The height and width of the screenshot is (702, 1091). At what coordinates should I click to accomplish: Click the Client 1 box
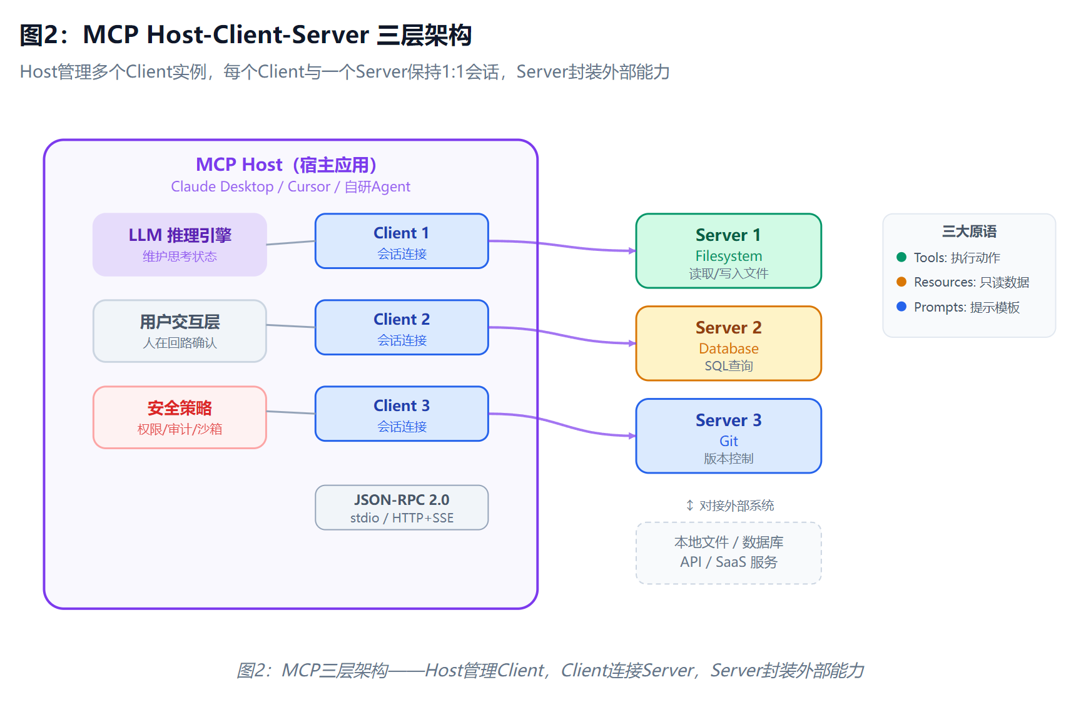pos(402,241)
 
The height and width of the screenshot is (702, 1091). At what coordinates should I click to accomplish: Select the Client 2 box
pos(402,327)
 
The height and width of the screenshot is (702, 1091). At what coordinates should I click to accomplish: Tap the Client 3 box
pos(402,414)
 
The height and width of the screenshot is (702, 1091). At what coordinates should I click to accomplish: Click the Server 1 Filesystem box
pos(728,251)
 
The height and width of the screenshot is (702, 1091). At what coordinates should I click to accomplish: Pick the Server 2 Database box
pos(728,343)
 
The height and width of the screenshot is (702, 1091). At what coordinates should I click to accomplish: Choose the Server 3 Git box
pos(728,436)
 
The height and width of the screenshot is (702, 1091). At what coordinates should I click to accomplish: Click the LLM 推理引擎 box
pos(180,245)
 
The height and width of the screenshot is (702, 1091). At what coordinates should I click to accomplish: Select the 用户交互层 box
pos(180,331)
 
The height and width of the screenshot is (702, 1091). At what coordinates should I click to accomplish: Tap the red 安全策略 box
pos(180,417)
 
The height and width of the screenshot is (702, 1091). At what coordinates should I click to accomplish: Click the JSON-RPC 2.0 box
pos(402,507)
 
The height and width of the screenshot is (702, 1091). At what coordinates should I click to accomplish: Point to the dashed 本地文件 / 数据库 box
pos(728,553)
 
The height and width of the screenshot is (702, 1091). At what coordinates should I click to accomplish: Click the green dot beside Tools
pos(901,257)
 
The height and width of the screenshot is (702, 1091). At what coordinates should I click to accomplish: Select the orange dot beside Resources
pos(901,282)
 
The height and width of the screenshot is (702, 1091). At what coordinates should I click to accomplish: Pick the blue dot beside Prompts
pos(901,307)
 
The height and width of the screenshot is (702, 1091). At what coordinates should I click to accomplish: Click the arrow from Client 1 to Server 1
pos(562,246)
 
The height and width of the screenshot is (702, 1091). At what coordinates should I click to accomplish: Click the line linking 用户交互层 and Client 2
pos(291,326)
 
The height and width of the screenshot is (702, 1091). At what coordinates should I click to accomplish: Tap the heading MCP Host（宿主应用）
pos(287,165)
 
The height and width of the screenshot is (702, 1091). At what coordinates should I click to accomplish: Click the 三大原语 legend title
pos(969,231)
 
